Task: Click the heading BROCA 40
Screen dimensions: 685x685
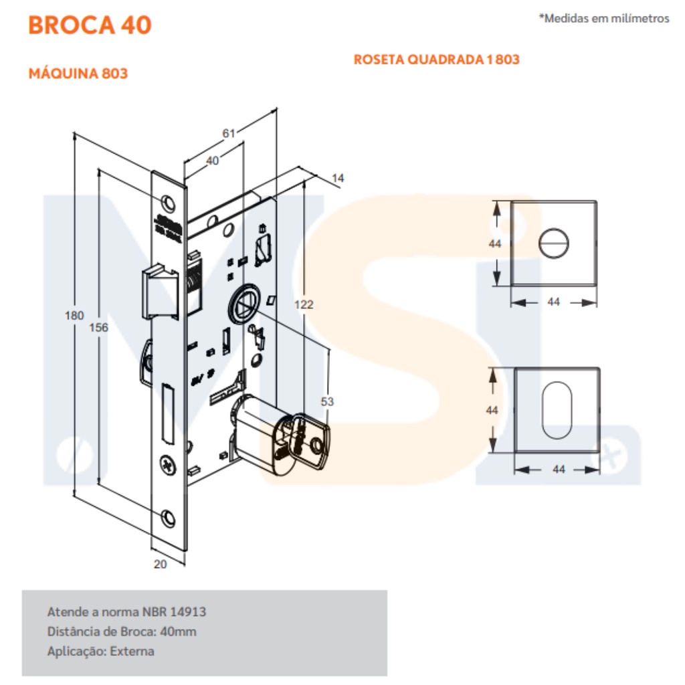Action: (90, 25)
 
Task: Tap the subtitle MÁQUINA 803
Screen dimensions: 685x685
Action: (78, 74)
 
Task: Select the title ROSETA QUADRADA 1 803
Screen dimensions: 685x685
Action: (436, 60)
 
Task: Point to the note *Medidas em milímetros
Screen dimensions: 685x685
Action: (604, 18)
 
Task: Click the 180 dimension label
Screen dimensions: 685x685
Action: (74, 316)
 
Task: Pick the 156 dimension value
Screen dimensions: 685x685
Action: (99, 327)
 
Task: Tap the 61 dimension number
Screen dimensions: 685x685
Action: (229, 133)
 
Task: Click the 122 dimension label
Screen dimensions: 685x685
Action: (304, 304)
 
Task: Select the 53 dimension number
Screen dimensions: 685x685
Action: (327, 401)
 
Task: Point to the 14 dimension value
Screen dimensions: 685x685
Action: (338, 178)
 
